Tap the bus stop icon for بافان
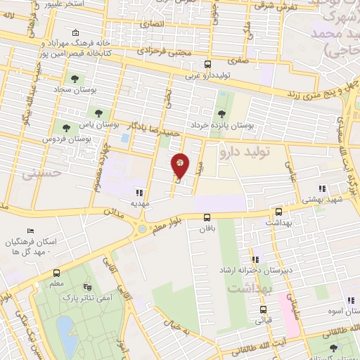tap(206, 218)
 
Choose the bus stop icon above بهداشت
tap(278, 212)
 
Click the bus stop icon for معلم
tap(57, 273)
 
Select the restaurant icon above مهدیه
tap(139, 192)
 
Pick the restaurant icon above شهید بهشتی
tap(323, 188)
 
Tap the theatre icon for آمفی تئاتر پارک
tap(87, 287)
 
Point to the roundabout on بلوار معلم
tap(143, 228)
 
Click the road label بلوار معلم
tap(166, 220)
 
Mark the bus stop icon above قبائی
tap(264, 310)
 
